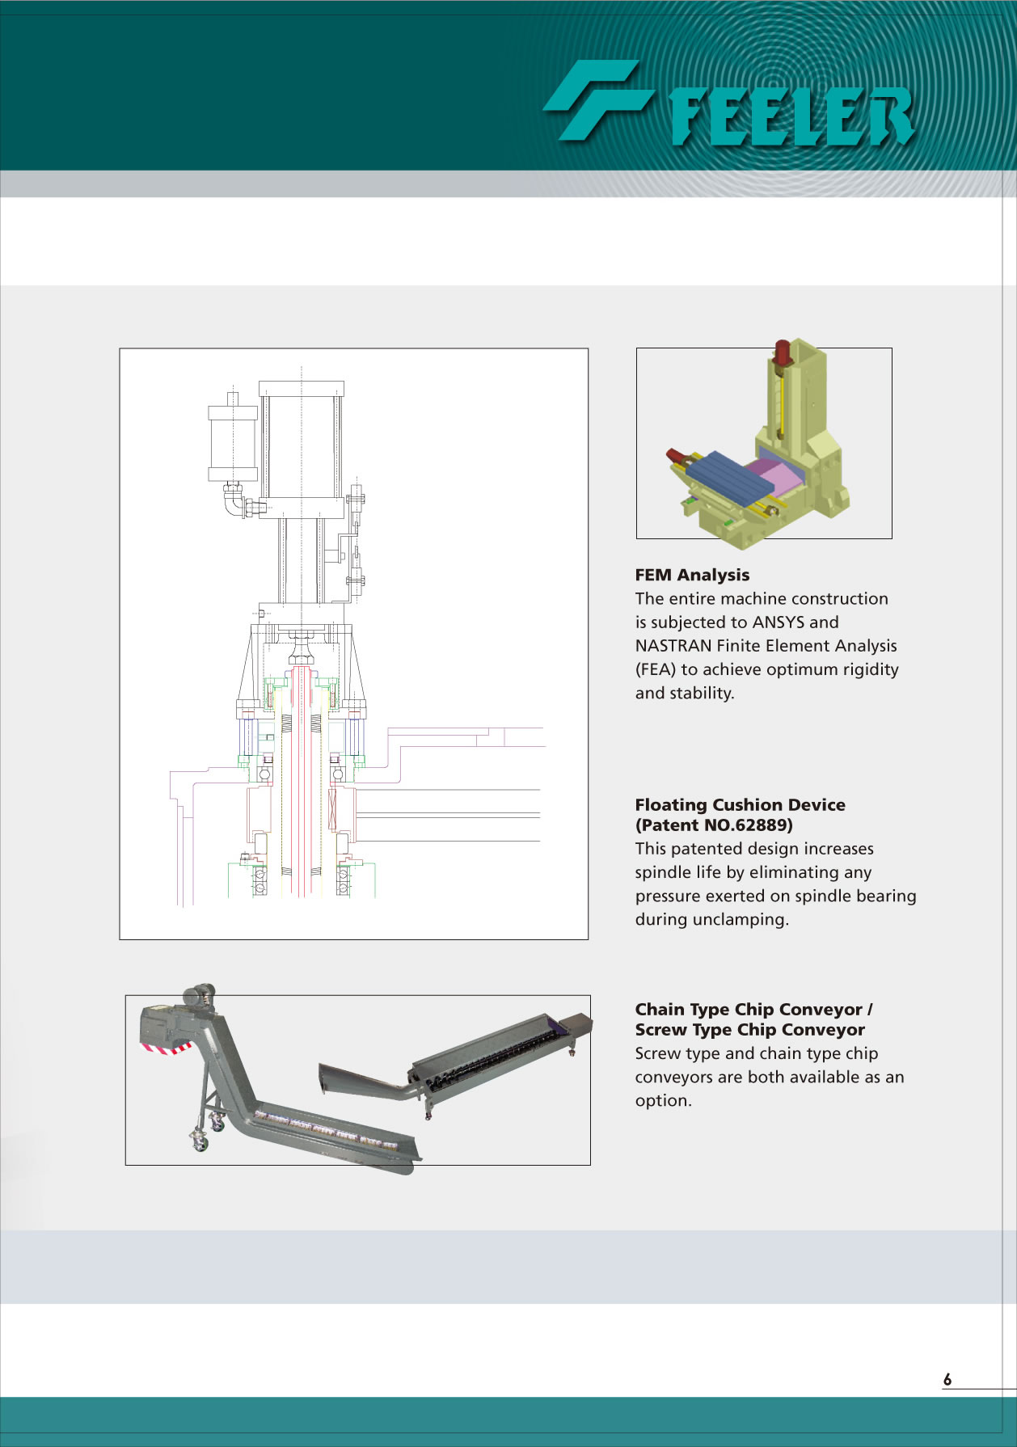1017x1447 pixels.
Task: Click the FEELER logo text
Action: [792, 116]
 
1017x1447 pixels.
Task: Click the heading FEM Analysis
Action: [692, 575]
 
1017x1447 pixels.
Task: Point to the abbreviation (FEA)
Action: [656, 669]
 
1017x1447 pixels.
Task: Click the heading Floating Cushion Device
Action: [740, 804]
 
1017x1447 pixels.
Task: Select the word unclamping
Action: [748, 920]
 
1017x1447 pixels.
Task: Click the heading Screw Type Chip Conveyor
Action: [749, 1030]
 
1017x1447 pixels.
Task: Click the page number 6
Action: [947, 1379]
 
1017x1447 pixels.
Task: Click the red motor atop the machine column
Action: [782, 352]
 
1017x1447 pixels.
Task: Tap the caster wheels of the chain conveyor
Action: [207, 1131]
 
